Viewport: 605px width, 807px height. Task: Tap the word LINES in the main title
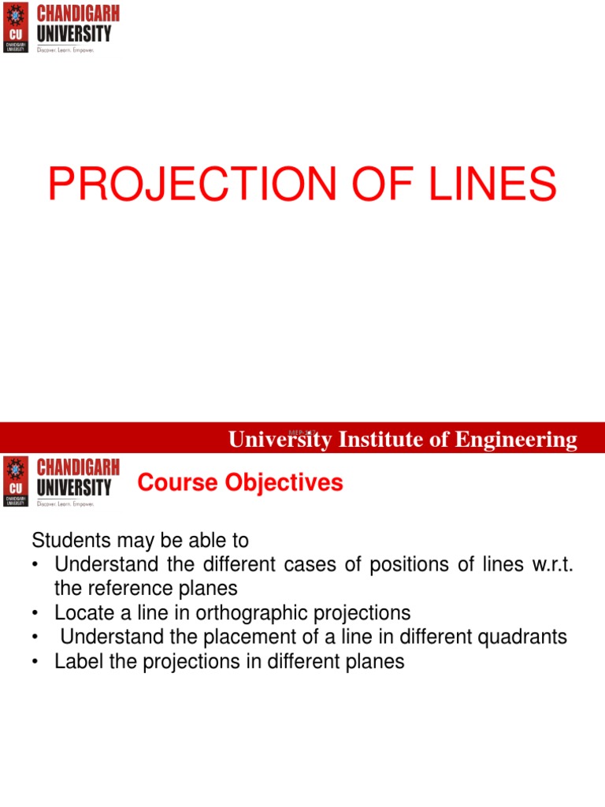481,185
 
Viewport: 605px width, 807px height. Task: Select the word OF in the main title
360,185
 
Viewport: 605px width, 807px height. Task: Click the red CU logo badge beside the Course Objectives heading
16,481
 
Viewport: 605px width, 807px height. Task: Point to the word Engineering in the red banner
515,440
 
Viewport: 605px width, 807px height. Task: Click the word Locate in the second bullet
82,612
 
